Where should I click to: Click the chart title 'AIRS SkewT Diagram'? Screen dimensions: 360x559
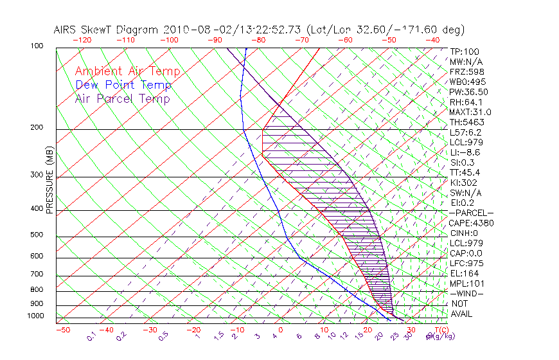(107, 30)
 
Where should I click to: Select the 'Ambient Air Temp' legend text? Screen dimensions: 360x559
(127, 72)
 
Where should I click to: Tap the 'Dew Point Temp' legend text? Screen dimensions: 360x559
(123, 85)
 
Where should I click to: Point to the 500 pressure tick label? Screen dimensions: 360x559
(37, 235)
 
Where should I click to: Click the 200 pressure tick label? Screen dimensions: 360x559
(37, 128)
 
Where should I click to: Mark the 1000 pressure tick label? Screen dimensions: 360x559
(35, 316)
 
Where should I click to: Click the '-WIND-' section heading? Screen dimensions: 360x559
(466, 293)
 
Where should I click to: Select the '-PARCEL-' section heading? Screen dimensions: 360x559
(471, 213)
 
